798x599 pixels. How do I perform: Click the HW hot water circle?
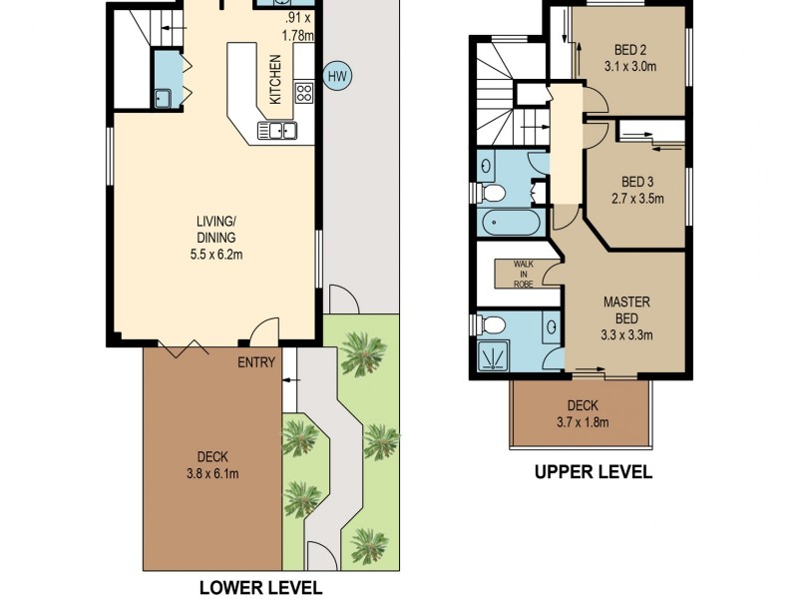pos(337,74)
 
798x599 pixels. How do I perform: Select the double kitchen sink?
pos(276,129)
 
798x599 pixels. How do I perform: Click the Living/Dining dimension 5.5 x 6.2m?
pos(215,255)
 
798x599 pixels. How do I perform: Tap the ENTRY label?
pos(255,362)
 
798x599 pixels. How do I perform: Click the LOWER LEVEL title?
pos(261,588)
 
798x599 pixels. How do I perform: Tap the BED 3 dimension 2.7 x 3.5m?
pos(637,198)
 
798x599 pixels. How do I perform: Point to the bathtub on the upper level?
pos(508,222)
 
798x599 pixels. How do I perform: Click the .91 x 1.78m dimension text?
pos(298,26)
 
